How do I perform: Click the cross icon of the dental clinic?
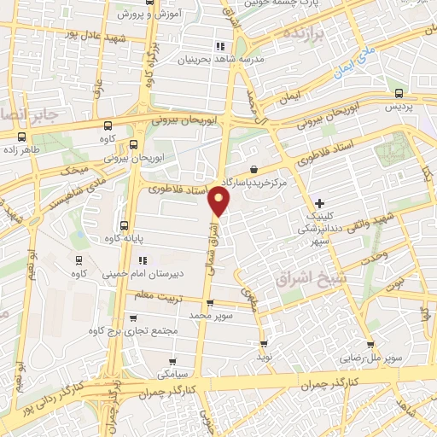pos(319,203)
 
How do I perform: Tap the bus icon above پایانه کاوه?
pos(125,226)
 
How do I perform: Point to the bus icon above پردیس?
pos(399,94)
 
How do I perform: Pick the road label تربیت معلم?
pos(151,294)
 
